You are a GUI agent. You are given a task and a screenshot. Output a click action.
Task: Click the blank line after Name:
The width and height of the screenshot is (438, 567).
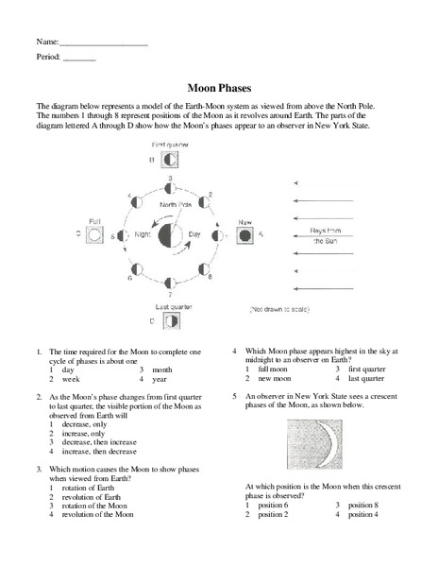(x=103, y=43)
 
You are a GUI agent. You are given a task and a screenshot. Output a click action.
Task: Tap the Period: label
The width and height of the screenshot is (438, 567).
(x=48, y=58)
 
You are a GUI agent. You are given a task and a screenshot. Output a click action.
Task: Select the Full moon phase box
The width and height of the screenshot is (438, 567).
(x=94, y=232)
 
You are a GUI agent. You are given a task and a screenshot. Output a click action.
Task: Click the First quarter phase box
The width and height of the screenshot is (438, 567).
(x=170, y=160)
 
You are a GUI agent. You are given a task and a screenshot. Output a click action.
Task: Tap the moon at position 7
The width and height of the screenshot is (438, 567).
(x=170, y=282)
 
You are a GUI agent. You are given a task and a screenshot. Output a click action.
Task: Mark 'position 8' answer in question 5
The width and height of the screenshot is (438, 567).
(x=358, y=505)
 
